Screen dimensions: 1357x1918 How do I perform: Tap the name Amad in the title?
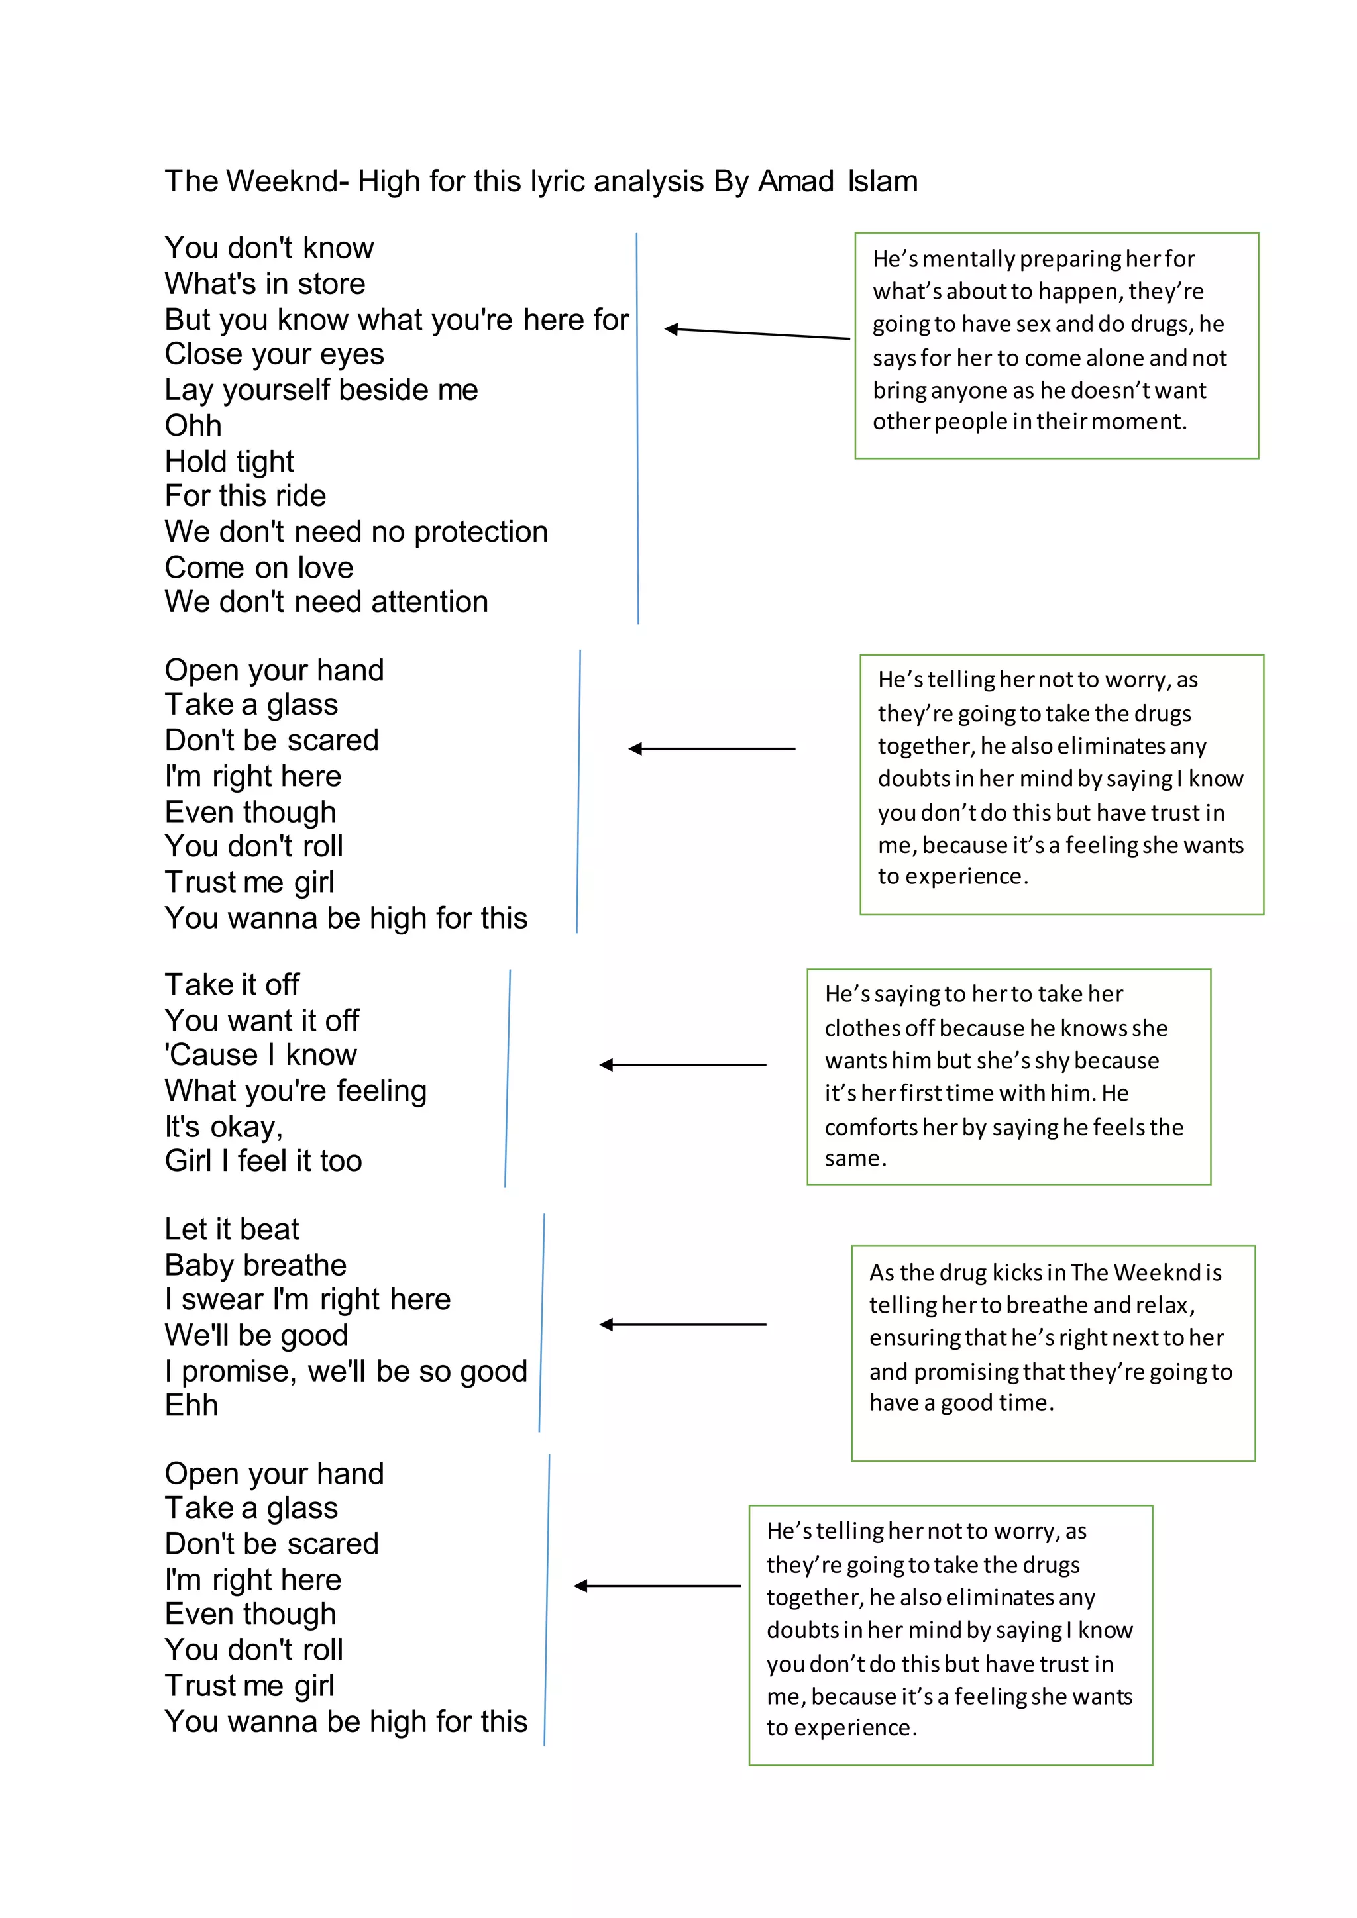[x=796, y=181]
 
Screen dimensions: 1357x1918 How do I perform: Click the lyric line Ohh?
[x=193, y=426]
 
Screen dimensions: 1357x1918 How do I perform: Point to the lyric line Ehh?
[x=191, y=1406]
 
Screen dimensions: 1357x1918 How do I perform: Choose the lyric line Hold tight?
[x=229, y=461]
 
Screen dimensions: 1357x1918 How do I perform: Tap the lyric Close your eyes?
[x=274, y=354]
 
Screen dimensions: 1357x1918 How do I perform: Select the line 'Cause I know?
[x=260, y=1055]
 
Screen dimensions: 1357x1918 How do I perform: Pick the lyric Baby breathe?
[x=256, y=1265]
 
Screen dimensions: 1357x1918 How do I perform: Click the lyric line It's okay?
[x=224, y=1127]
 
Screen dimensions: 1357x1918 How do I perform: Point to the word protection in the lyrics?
[x=480, y=532]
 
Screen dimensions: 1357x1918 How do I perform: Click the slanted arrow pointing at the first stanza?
[x=756, y=333]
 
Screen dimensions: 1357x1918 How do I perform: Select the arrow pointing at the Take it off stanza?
[x=682, y=1064]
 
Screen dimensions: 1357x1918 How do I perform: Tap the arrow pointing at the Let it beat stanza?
[x=682, y=1324]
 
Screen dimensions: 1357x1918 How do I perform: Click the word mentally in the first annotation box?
[x=969, y=259]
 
